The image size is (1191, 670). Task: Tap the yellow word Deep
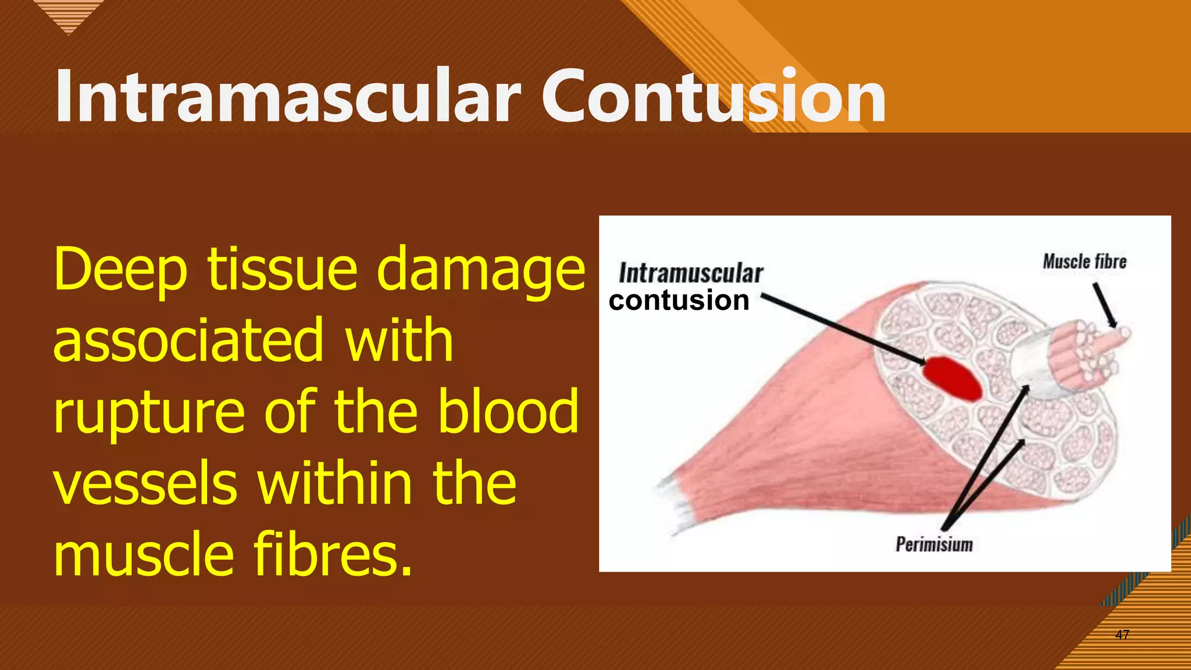tap(120, 269)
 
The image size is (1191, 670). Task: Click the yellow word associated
tap(188, 341)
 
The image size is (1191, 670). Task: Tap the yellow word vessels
tap(145, 483)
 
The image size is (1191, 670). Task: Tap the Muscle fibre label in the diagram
tap(1084, 262)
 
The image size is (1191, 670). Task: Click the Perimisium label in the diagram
tap(934, 545)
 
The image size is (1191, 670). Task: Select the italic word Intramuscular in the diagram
tap(691, 273)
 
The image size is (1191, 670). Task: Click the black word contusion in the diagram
tap(679, 301)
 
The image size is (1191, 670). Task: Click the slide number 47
tap(1122, 635)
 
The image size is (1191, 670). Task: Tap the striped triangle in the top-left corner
tap(69, 15)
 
